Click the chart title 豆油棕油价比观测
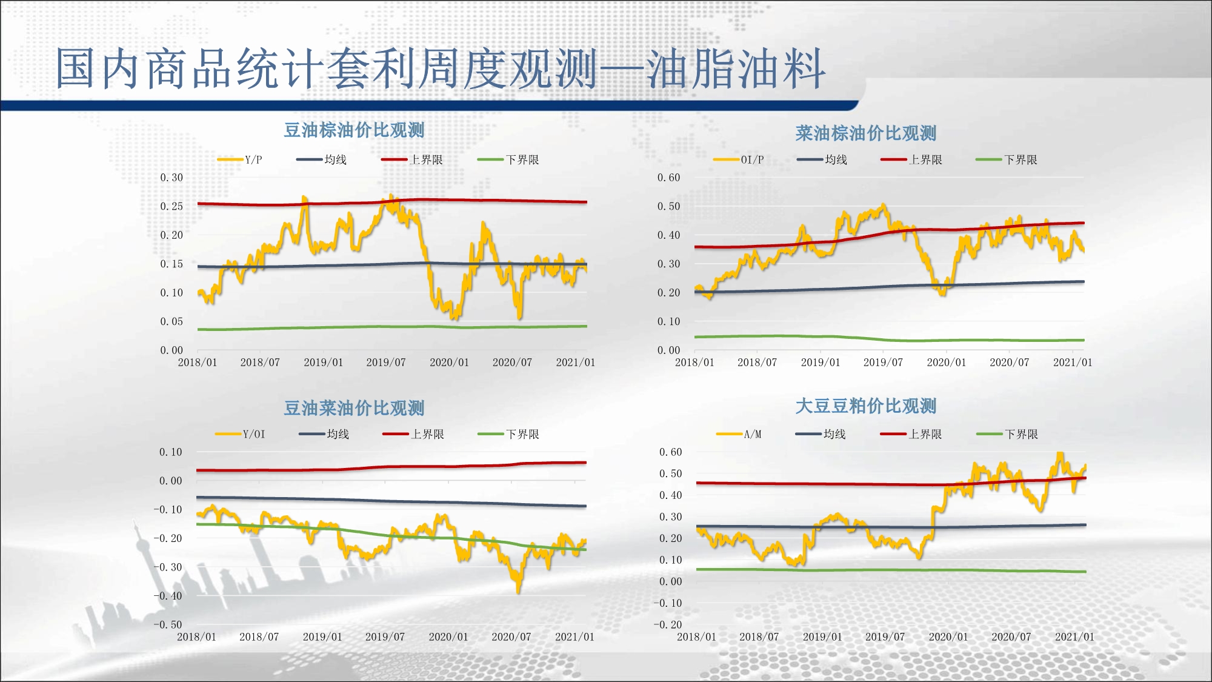pos(354,130)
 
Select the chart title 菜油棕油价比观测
pos(865,133)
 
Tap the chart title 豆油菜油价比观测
pos(354,408)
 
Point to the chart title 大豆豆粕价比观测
pos(865,406)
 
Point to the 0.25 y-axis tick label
pos(171,206)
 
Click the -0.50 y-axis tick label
pos(167,624)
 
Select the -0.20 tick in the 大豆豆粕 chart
pos(667,624)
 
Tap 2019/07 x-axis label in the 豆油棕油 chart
pos(385,363)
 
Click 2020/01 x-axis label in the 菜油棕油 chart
pos(946,363)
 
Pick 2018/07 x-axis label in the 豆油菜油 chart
pos(259,637)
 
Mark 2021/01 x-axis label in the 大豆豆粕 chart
pos(1074,637)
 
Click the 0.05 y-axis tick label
pos(171,321)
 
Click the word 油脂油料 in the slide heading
pos(736,69)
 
